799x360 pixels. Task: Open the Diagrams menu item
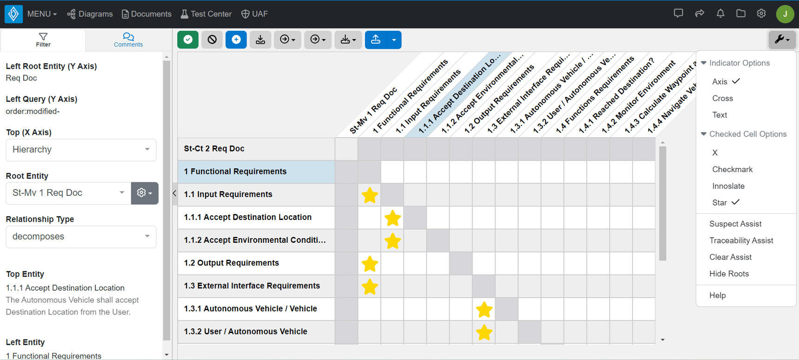click(90, 14)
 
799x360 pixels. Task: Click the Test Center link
click(206, 14)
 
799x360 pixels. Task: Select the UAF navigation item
click(254, 14)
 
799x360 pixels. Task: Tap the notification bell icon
click(720, 13)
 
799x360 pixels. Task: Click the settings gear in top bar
click(761, 13)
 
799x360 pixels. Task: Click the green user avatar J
click(785, 14)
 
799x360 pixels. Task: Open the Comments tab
click(128, 40)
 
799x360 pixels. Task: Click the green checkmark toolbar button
click(188, 40)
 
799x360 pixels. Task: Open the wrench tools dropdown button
click(781, 40)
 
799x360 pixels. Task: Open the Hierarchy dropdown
click(81, 150)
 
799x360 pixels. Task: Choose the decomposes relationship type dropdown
click(81, 237)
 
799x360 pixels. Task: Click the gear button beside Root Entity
click(145, 193)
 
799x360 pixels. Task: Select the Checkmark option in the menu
click(732, 169)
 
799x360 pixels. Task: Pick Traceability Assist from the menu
click(741, 240)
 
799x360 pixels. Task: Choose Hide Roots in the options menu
click(729, 274)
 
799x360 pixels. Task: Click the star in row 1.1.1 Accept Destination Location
click(393, 218)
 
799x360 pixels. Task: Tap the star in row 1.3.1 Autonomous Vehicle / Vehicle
click(484, 309)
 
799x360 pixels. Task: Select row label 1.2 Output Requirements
click(231, 263)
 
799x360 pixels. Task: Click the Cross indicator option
click(722, 98)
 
